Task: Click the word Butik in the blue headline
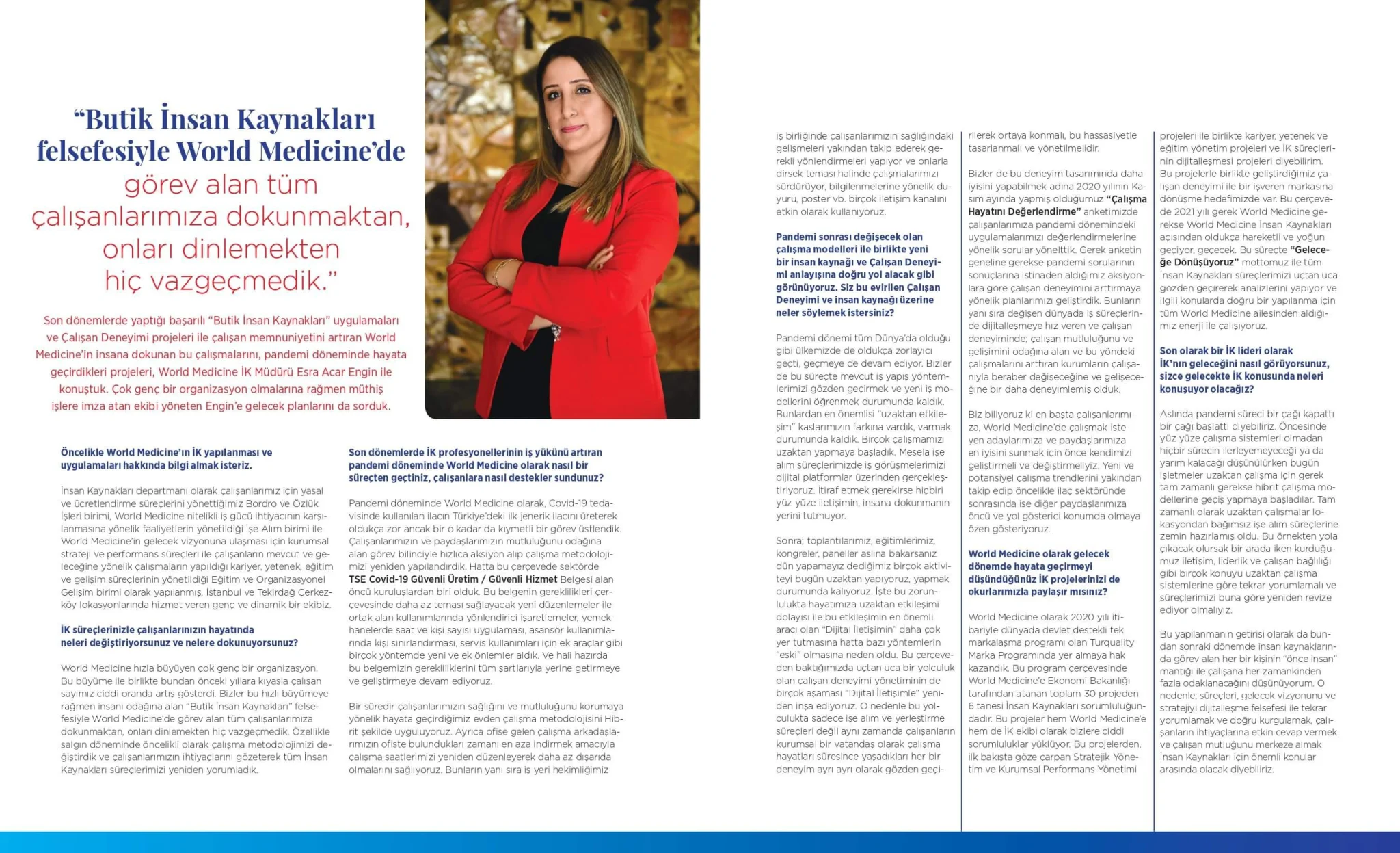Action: pos(118,120)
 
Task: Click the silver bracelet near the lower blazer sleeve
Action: pos(556,332)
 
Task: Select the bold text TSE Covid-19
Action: pos(378,579)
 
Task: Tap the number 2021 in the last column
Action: pos(1187,212)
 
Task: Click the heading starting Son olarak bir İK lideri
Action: pos(1226,351)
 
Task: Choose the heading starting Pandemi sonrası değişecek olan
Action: pos(849,237)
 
